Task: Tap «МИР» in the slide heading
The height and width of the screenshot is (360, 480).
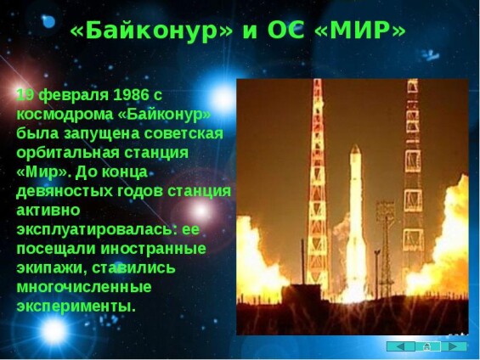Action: click(x=360, y=30)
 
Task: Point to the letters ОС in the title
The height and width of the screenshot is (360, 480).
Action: click(x=286, y=31)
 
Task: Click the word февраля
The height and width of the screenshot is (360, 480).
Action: click(x=74, y=96)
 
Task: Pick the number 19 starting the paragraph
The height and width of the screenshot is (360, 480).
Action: click(x=25, y=95)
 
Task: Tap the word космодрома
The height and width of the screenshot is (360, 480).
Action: click(x=65, y=115)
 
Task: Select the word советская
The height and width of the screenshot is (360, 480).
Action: click(x=184, y=133)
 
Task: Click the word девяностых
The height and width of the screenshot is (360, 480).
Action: click(x=65, y=192)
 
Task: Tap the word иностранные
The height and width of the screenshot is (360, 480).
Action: click(x=154, y=249)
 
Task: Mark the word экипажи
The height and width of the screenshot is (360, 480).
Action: click(x=52, y=268)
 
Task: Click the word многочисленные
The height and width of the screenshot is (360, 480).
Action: click(x=84, y=287)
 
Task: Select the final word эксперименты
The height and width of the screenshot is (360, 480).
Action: click(x=76, y=307)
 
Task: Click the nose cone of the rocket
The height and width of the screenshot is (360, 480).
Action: click(x=355, y=149)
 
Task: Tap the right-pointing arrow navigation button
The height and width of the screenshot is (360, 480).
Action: click(x=454, y=346)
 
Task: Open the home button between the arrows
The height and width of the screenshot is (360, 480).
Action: click(x=426, y=346)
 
